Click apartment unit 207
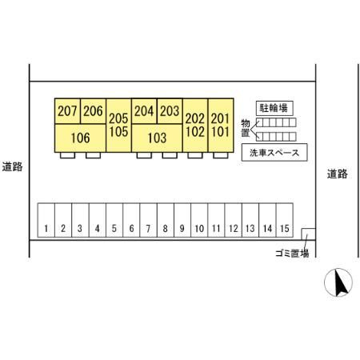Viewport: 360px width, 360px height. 67,111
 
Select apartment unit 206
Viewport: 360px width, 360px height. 93,111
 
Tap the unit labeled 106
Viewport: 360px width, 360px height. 80,138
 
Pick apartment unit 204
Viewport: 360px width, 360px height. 144,111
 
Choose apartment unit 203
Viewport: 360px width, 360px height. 170,111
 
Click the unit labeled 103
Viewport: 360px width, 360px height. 157,138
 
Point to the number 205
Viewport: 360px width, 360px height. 118,118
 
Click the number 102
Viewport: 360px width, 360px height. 195,132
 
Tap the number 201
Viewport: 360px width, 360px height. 220,118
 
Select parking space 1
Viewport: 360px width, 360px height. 46,220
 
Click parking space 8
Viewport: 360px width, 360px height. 166,220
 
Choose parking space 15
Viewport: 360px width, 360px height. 285,220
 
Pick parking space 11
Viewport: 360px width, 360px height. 216,220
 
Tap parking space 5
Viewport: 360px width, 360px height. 114,220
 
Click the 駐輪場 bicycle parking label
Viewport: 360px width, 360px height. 274,108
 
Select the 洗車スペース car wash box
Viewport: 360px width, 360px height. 274,153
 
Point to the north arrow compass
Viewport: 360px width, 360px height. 338,282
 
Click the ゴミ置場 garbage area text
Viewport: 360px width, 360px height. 292,253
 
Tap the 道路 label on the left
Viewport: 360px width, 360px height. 12,166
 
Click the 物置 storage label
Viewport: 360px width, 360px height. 246,128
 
